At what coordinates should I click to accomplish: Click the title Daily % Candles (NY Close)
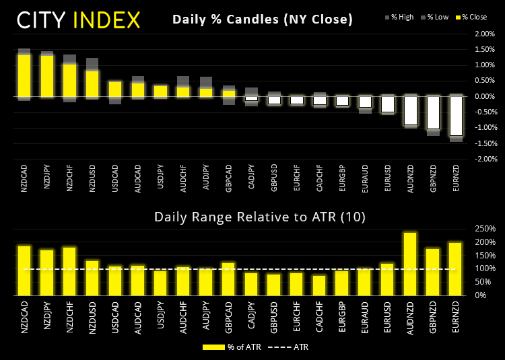click(x=263, y=20)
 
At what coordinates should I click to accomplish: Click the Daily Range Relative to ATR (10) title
click(x=250, y=217)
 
